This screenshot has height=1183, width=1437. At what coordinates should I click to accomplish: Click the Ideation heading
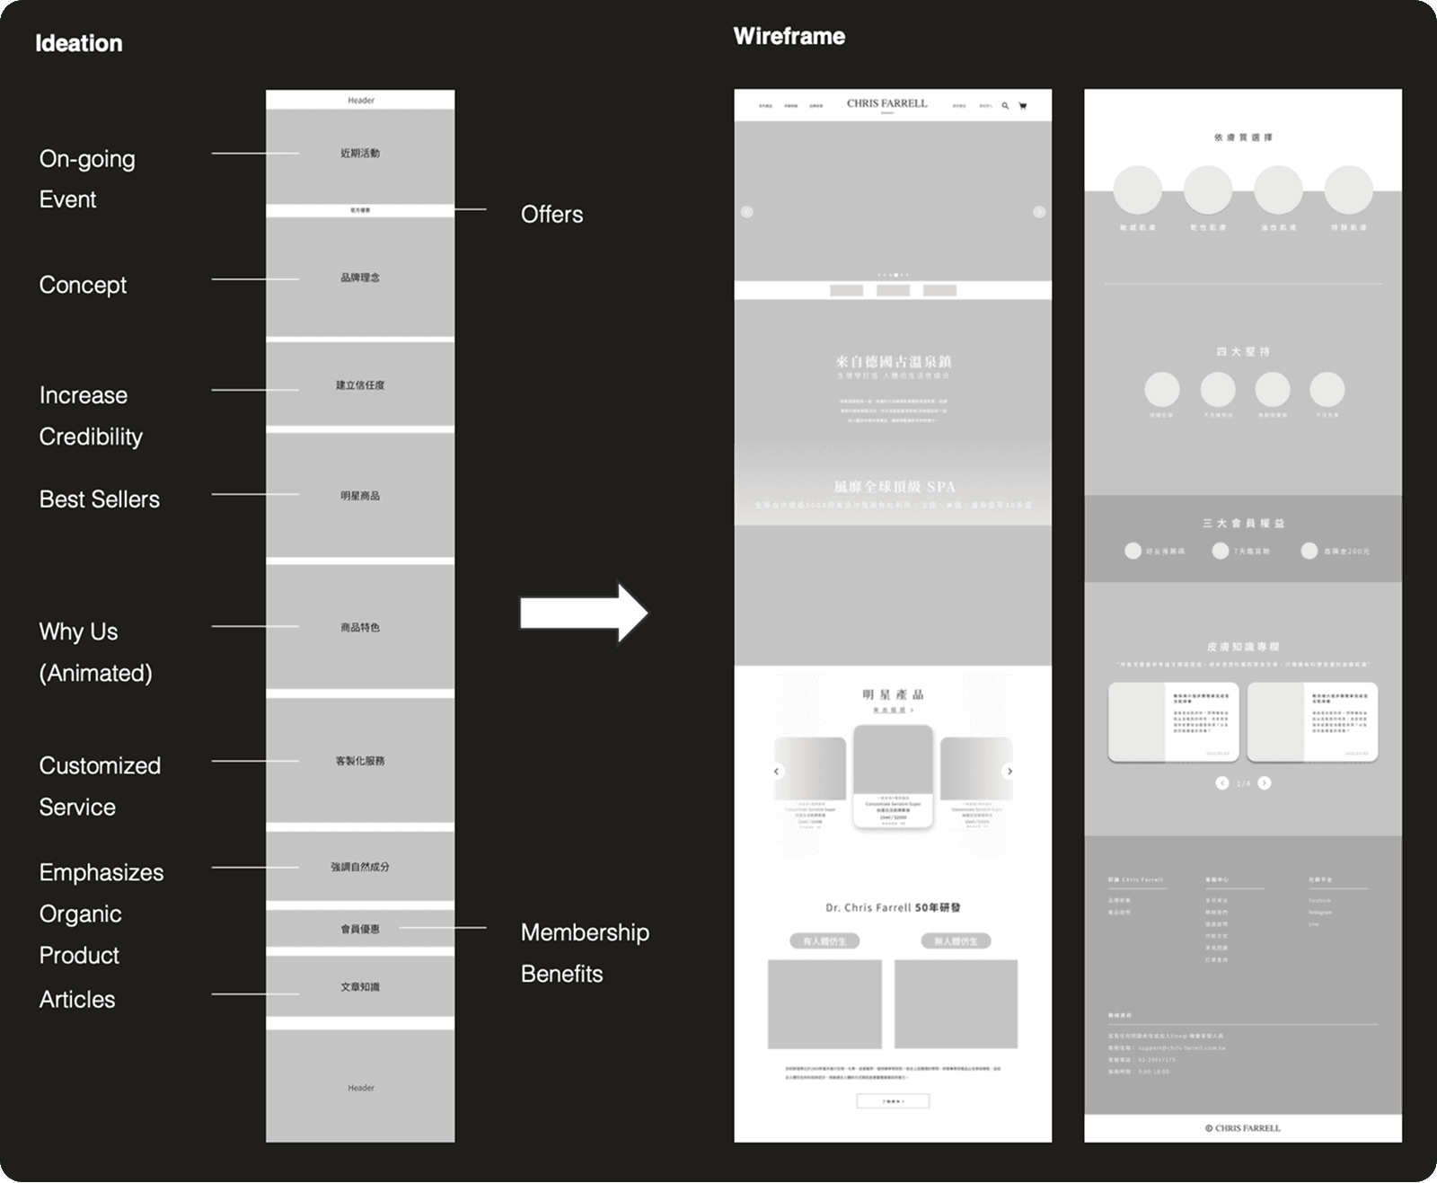coord(79,43)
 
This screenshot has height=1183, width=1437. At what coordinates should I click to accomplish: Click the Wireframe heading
coord(789,36)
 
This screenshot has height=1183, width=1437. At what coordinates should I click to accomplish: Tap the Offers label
coord(551,214)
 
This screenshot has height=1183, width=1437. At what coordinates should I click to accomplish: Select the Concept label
coord(83,285)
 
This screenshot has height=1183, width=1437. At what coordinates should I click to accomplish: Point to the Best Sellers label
coord(99,499)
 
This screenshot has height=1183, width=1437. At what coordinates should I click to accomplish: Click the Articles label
coord(77,999)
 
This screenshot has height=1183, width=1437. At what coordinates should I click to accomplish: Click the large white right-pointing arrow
coord(584,614)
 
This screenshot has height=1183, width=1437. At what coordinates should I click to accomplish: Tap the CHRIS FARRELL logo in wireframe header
coord(886,103)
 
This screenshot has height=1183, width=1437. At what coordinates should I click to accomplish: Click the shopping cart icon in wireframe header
coord(1022,106)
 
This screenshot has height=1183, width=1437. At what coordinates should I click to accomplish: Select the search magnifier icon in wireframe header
coord(1005,106)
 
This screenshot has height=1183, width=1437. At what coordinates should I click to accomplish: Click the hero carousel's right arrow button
coord(1039,212)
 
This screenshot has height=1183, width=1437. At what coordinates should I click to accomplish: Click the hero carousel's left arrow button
coord(746,212)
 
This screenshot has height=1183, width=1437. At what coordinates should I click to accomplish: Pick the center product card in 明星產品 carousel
coord(893,777)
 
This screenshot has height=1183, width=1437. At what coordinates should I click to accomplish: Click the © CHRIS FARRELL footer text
coord(1243,1128)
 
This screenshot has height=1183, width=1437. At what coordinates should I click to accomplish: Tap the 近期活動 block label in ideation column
coord(360,154)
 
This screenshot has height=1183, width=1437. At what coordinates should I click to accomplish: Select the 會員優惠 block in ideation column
coord(360,929)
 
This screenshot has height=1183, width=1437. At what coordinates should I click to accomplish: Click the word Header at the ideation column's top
coord(361,101)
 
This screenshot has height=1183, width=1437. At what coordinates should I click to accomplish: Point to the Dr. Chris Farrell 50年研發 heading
coord(893,907)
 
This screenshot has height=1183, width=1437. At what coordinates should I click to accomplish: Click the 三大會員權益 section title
coord(1243,523)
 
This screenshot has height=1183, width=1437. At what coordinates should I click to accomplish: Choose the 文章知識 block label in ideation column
coord(360,987)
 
